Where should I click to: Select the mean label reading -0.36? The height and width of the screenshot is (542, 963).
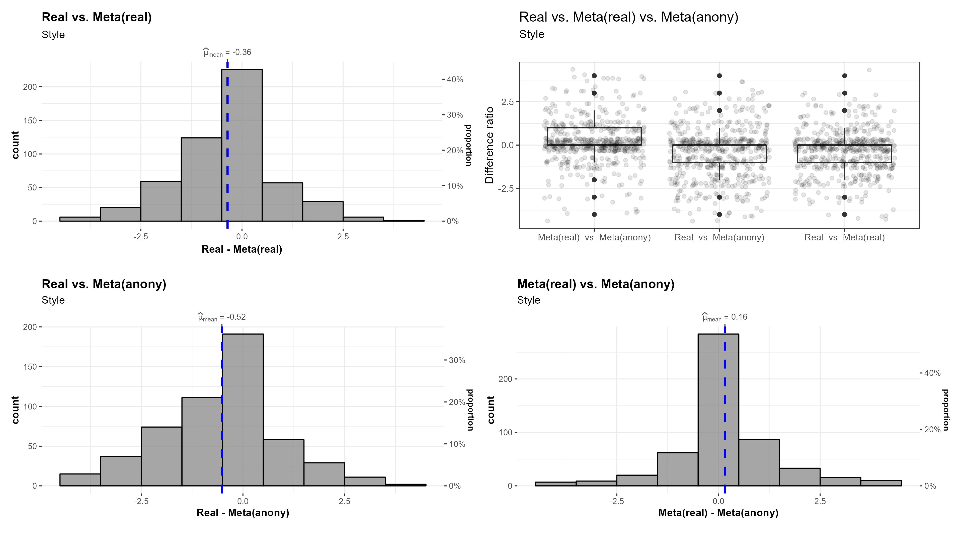coord(227,53)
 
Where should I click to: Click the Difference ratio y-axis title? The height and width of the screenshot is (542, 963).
coord(489,145)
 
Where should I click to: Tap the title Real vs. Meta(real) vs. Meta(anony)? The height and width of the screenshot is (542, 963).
coord(629,17)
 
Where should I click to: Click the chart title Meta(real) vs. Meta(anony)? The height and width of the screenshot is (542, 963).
coord(596,284)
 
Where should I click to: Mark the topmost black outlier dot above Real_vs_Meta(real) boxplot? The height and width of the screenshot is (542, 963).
coord(844,76)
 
